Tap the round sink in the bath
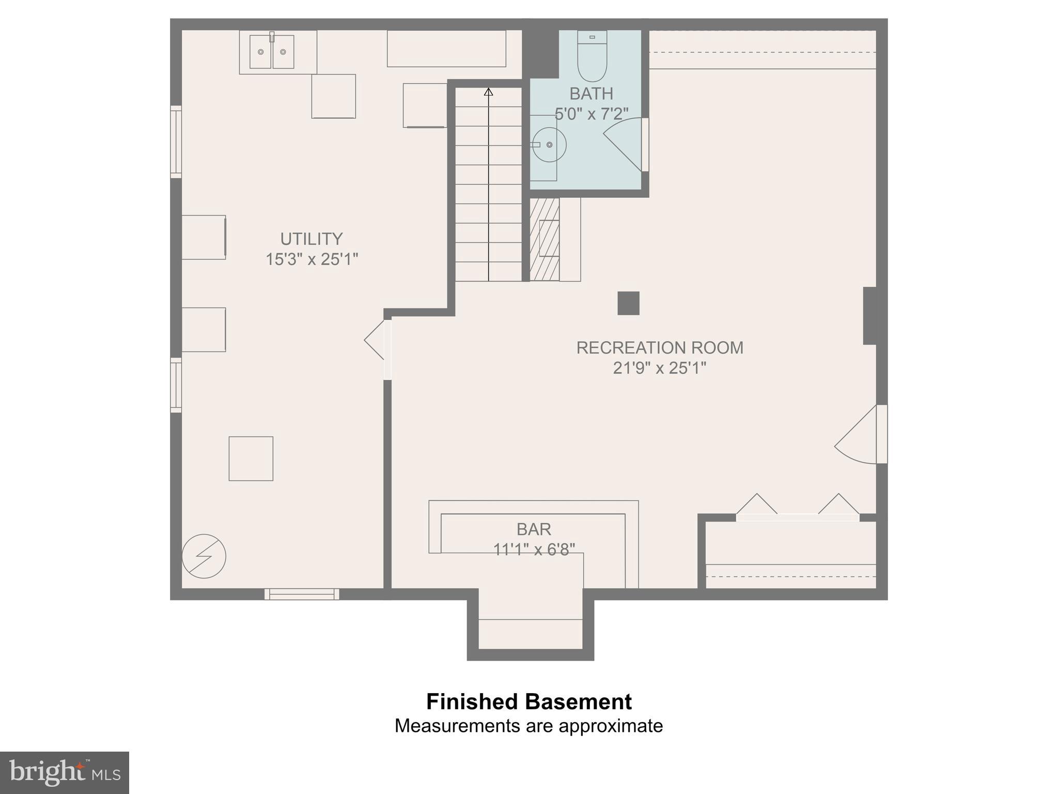click(549, 145)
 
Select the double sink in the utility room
click(272, 52)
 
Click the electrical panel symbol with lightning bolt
click(204, 556)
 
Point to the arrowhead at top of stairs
click(488, 92)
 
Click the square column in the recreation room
click(628, 303)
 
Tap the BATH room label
click(591, 94)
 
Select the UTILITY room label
click(311, 239)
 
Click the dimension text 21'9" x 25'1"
click(659, 368)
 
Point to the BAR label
click(534, 529)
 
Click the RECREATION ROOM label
click(659, 347)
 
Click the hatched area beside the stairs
click(544, 239)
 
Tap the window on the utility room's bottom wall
click(302, 594)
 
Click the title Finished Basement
click(528, 701)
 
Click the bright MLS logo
click(64, 772)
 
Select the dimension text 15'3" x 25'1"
click(311, 259)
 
